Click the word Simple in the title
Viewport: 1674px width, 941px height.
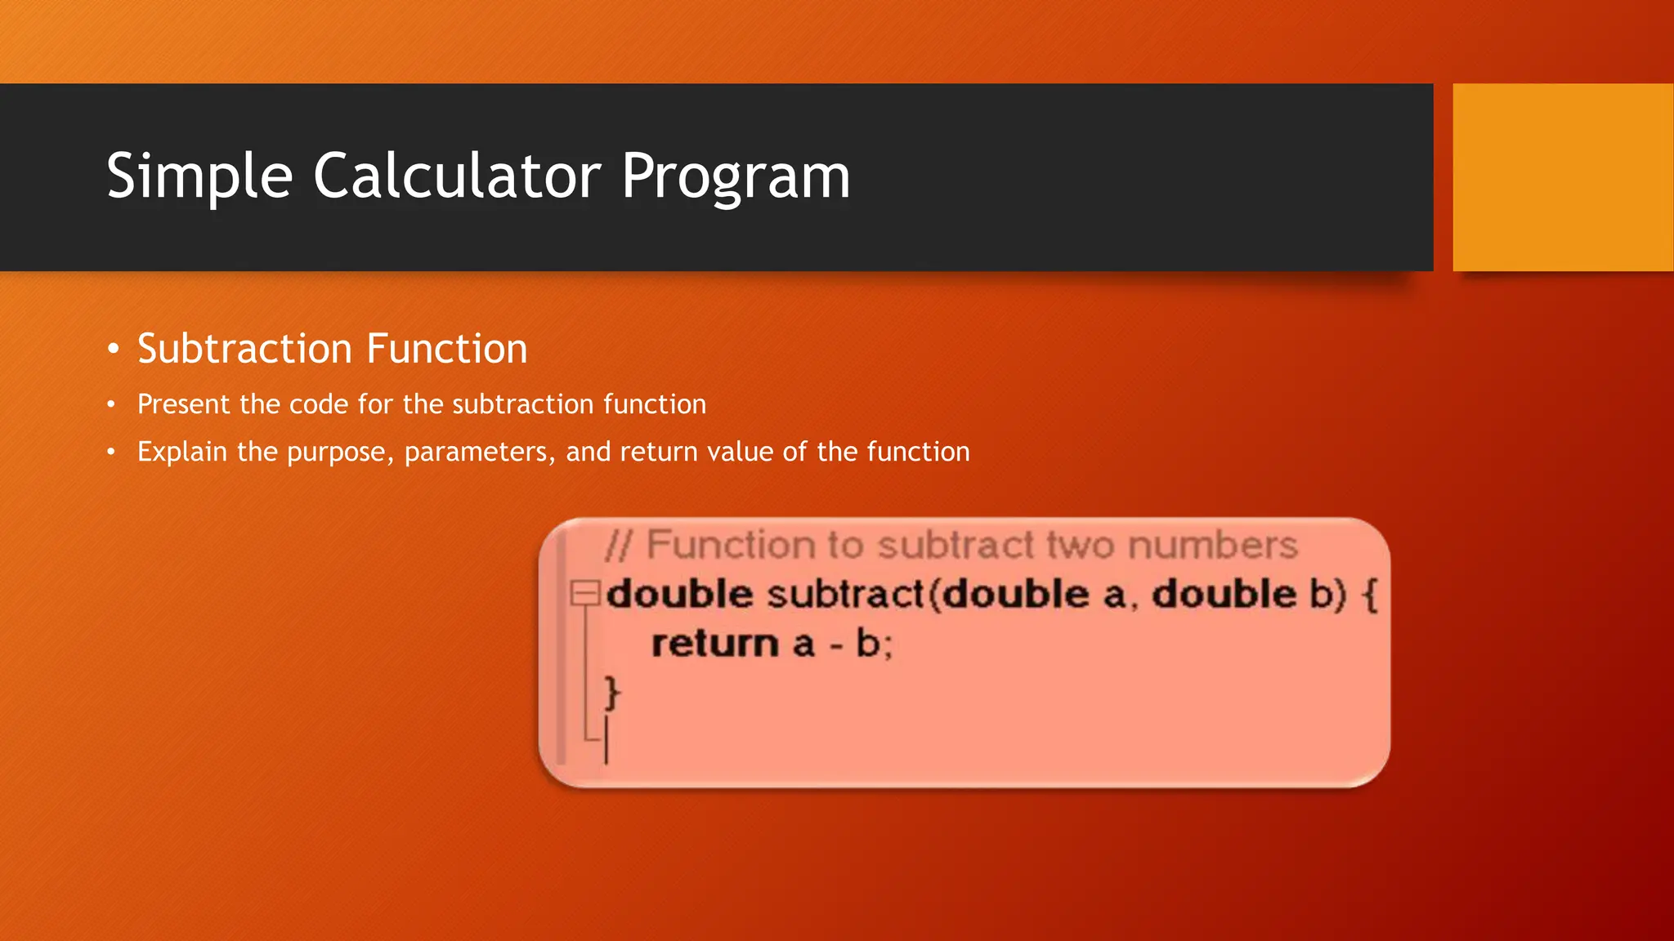[199, 176]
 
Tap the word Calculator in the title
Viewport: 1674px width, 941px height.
[457, 176]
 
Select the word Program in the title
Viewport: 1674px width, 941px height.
[736, 176]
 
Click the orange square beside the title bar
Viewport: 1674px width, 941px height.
[1562, 177]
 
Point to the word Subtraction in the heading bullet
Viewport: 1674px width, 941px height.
[244, 350]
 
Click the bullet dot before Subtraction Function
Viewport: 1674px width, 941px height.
[114, 350]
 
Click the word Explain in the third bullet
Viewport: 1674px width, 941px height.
[181, 452]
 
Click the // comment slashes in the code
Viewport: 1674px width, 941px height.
[618, 545]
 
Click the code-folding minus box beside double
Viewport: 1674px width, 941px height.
[584, 592]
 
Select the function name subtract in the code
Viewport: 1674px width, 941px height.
[845, 594]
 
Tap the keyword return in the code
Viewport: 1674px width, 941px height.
[714, 644]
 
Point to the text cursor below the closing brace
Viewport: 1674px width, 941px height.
[606, 740]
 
